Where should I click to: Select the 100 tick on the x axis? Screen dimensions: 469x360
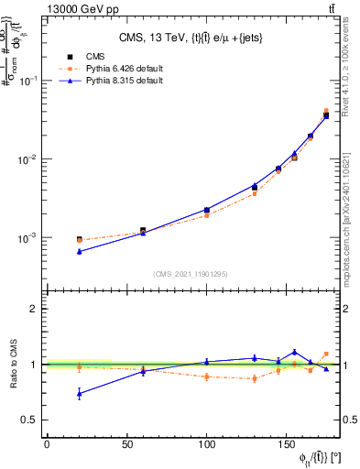coord(207,444)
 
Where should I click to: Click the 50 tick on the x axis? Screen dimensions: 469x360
coord(126,444)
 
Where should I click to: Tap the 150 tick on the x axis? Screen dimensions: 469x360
coord(287,444)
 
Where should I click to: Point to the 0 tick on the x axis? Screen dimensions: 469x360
coord(47,444)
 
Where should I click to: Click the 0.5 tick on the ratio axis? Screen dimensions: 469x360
coord(30,420)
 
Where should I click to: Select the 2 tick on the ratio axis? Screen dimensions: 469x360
coord(35,309)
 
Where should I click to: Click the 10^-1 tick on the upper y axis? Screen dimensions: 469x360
coord(27,81)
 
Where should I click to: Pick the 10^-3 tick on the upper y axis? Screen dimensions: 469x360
coord(27,238)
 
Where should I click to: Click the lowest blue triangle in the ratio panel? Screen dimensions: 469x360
coord(79,394)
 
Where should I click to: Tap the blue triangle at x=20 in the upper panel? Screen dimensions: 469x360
coord(79,251)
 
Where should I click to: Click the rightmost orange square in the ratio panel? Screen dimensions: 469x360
coord(326,354)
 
